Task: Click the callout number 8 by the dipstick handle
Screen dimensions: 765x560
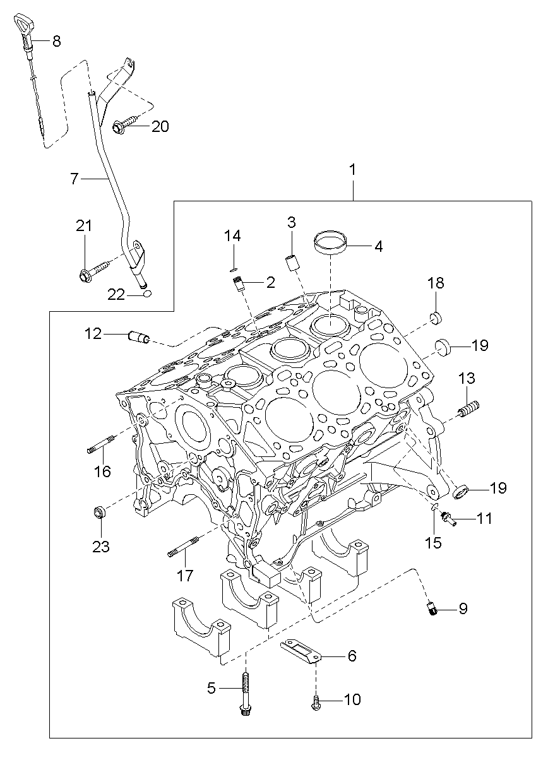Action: tap(56, 42)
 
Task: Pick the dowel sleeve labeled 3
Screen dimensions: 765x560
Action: tap(292, 262)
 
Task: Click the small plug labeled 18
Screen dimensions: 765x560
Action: tap(435, 317)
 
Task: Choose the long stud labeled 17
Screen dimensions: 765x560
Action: tap(184, 547)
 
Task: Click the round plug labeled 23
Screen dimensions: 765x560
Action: tap(100, 512)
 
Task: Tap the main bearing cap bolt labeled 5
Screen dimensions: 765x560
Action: tap(246, 694)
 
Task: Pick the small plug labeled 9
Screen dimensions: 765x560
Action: tap(431, 609)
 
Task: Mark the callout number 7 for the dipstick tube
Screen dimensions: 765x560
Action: tap(74, 179)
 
